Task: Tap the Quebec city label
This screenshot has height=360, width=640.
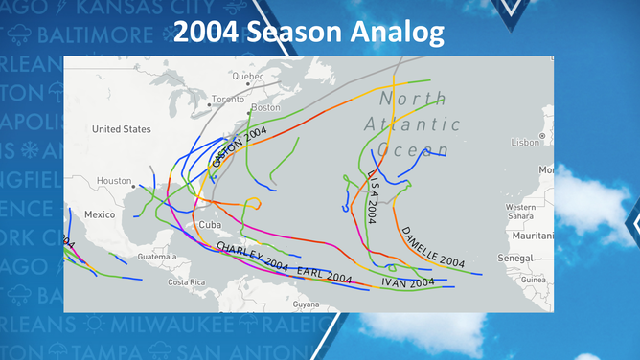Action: (x=247, y=76)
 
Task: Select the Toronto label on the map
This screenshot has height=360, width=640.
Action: (x=228, y=99)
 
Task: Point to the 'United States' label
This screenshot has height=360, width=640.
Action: (x=122, y=129)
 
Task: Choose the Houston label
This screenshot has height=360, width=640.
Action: (x=114, y=180)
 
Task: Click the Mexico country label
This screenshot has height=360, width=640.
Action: (x=99, y=214)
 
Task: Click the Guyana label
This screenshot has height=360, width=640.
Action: (x=306, y=304)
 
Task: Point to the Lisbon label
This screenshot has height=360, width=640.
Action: (x=526, y=141)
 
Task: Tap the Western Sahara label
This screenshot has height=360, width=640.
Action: (x=520, y=211)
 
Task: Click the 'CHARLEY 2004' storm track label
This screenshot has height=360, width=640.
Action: (x=253, y=258)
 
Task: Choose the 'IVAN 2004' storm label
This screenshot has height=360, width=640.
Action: (x=408, y=282)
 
